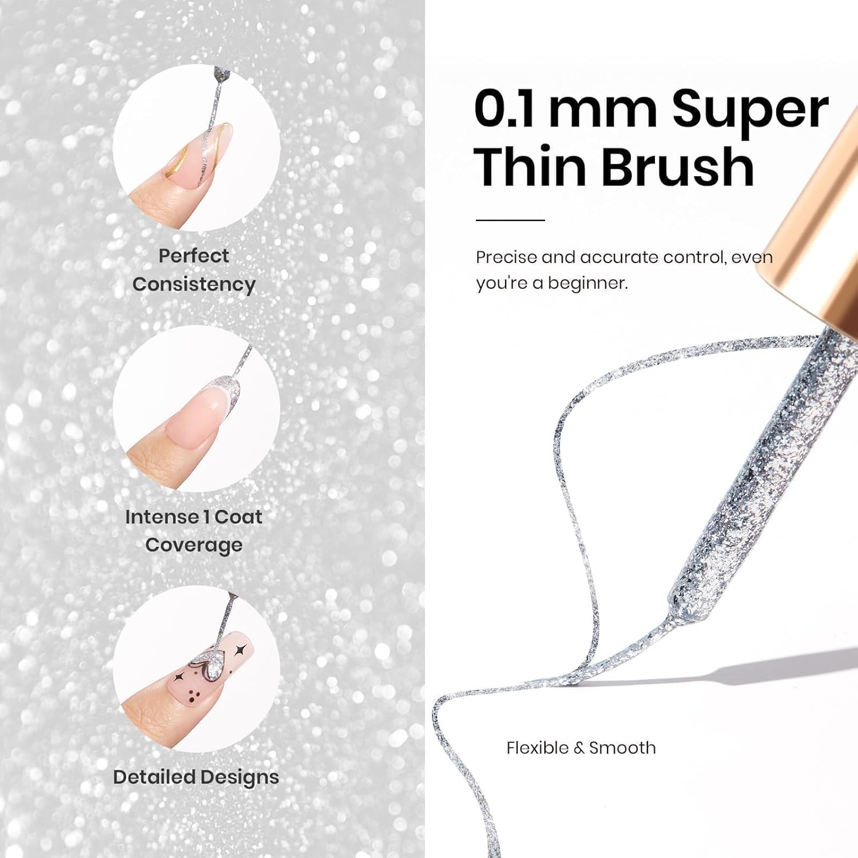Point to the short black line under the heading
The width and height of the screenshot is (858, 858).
pyautogui.click(x=510, y=220)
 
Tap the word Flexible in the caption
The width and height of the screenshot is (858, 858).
pyautogui.click(x=537, y=748)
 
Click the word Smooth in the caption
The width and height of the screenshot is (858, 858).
pyautogui.click(x=622, y=748)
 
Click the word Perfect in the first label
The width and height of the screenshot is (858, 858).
pyautogui.click(x=193, y=256)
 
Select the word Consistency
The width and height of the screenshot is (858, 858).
pyautogui.click(x=194, y=284)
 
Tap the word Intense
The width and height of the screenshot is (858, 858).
pyautogui.click(x=161, y=517)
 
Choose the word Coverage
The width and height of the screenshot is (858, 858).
pyautogui.click(x=194, y=545)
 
